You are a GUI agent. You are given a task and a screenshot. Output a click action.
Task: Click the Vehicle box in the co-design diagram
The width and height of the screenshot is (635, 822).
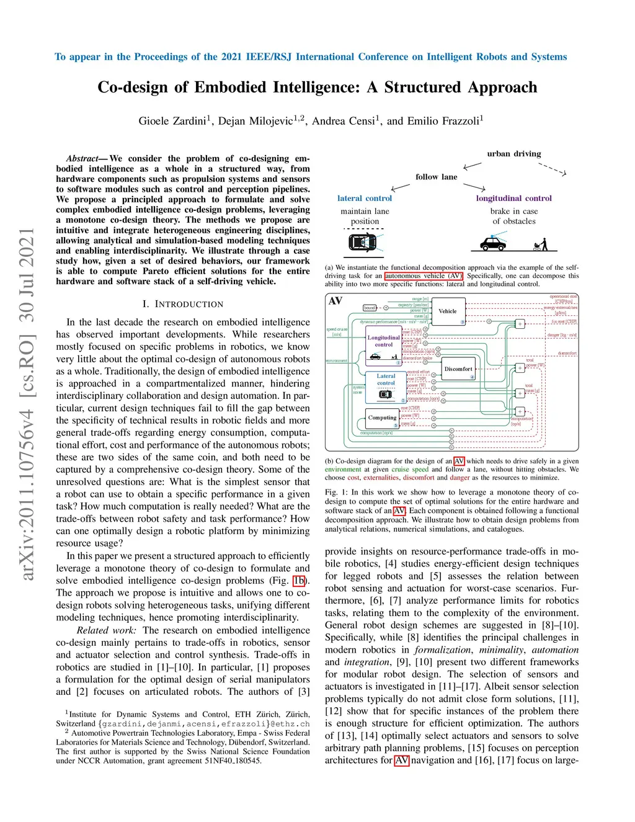pyautogui.click(x=447, y=311)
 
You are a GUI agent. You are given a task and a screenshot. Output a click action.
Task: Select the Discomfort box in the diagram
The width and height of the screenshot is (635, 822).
pyautogui.click(x=458, y=369)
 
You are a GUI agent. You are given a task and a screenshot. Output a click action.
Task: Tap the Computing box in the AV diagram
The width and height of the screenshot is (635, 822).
pyautogui.click(x=383, y=418)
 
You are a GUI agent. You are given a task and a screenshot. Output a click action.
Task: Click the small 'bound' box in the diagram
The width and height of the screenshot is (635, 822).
pyautogui.click(x=370, y=308)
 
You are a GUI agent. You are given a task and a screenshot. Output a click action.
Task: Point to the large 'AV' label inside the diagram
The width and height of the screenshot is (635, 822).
pyautogui.click(x=335, y=301)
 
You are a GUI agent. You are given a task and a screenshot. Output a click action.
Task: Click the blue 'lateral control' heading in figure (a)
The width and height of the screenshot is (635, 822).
pyautogui.click(x=365, y=199)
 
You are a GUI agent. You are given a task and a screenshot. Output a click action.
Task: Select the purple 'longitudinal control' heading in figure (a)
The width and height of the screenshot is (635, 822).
pyautogui.click(x=513, y=199)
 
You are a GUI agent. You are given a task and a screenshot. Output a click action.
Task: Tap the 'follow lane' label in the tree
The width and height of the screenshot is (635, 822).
pyautogui.click(x=436, y=177)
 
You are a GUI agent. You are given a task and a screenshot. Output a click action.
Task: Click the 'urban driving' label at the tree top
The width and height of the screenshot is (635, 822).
pyautogui.click(x=513, y=154)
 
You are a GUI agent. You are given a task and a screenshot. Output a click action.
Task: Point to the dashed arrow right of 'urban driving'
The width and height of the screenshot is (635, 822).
pyautogui.click(x=553, y=169)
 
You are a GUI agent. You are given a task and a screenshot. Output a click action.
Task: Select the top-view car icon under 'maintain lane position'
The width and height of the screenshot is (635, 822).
pyautogui.click(x=363, y=242)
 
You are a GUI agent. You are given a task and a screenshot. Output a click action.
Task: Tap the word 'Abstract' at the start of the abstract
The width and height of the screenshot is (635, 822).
pyautogui.click(x=82, y=159)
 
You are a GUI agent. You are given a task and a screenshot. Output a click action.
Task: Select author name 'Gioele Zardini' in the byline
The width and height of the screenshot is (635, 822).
pyautogui.click(x=172, y=121)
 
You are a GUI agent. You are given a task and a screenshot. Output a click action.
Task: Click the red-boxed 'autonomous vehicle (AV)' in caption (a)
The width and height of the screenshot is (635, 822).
pyautogui.click(x=424, y=276)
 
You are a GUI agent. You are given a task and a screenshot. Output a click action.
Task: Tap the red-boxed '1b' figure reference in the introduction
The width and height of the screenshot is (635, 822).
pyautogui.click(x=300, y=581)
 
